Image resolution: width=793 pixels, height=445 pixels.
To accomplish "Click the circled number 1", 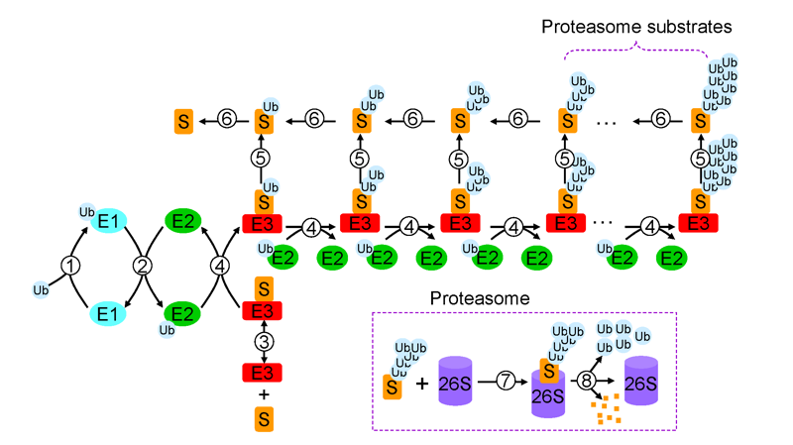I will [x=69, y=266].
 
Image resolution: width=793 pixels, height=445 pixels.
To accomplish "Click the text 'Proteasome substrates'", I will [x=637, y=27].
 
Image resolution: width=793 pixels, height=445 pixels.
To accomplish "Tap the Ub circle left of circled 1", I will [x=41, y=290].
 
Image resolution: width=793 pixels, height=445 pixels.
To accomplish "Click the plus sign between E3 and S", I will [x=264, y=393].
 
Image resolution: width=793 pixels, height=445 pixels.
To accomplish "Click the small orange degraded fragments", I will [x=605, y=408].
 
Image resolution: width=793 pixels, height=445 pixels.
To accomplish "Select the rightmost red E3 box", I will [x=699, y=223].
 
